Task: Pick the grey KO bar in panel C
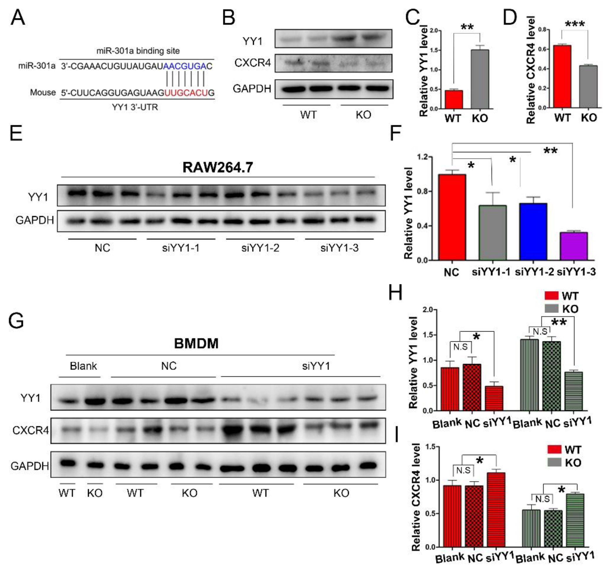tap(480, 79)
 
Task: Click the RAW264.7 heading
tap(217, 167)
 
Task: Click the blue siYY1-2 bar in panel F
tap(533, 231)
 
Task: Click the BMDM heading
tap(196, 343)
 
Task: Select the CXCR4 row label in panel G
tap(30, 430)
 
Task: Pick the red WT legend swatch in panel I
tap(554, 449)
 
